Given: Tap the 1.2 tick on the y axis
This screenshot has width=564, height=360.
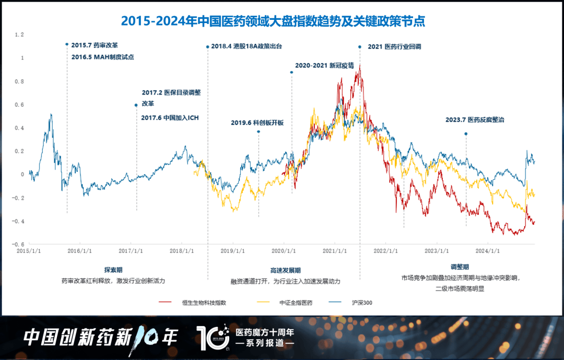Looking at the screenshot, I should click(x=20, y=35).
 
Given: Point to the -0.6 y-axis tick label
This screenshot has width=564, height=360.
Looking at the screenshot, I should click(x=19, y=245).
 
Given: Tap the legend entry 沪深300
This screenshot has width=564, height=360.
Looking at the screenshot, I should click(x=362, y=303).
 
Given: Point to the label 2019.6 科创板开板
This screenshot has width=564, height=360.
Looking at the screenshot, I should click(x=257, y=123).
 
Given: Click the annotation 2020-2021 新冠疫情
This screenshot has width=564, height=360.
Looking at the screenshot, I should click(x=324, y=66).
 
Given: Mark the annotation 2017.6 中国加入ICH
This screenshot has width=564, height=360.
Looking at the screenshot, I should click(x=170, y=118).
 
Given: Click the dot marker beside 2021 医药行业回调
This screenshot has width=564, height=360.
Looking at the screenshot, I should click(x=360, y=47).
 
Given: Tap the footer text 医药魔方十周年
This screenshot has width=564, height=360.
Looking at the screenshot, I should click(x=265, y=332).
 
